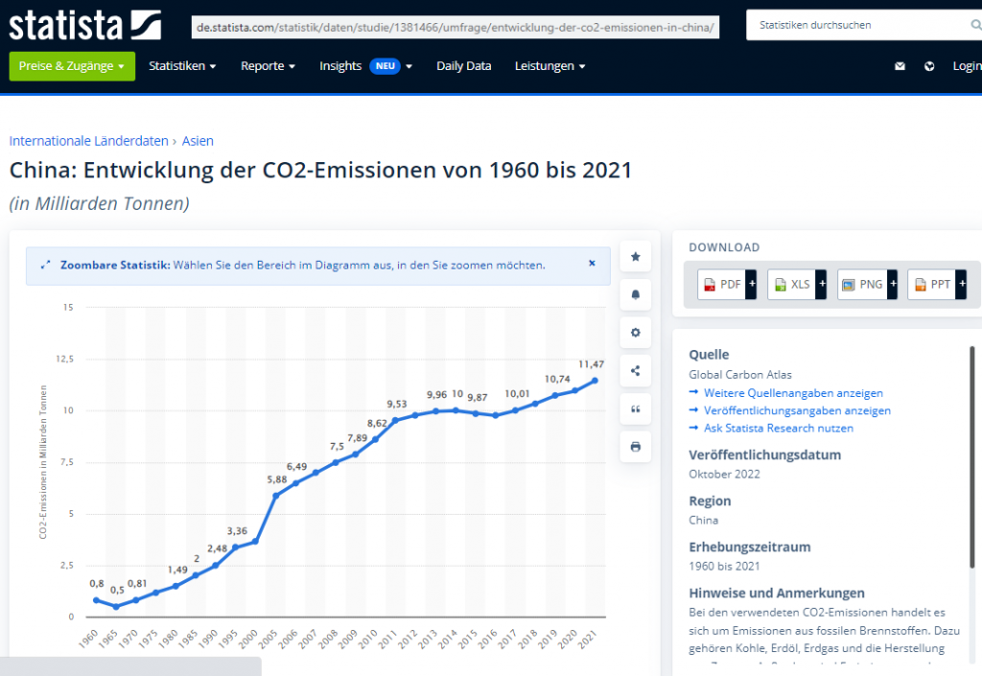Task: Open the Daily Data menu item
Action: pyautogui.click(x=463, y=66)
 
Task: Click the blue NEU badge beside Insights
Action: pyautogui.click(x=385, y=66)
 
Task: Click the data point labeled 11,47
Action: pyautogui.click(x=596, y=381)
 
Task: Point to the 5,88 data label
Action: pyautogui.click(x=276, y=479)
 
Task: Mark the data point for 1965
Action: pyautogui.click(x=116, y=606)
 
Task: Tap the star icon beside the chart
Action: pyautogui.click(x=635, y=257)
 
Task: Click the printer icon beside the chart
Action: pyautogui.click(x=635, y=447)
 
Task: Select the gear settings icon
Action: pyautogui.click(x=635, y=333)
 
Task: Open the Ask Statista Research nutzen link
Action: pyautogui.click(x=778, y=428)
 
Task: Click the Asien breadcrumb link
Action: pyautogui.click(x=198, y=141)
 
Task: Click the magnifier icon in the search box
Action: pyautogui.click(x=975, y=25)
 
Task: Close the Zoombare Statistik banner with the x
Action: pyautogui.click(x=592, y=263)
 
